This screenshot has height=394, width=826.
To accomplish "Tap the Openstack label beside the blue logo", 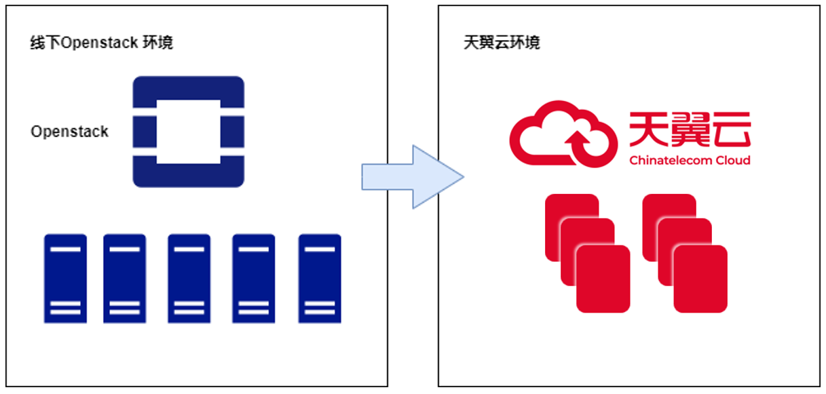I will (69, 132).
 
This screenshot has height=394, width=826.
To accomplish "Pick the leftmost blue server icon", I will (66, 279).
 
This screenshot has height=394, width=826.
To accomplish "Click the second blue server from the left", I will (124, 279).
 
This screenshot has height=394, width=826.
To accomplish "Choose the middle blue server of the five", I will (189, 279).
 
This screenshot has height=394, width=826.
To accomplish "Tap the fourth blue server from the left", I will (254, 279).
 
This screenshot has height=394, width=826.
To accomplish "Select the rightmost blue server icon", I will (320, 279).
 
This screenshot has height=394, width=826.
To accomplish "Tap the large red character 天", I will (649, 130).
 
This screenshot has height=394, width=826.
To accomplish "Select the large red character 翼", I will (690, 130).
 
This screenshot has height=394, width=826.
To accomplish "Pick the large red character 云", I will (730, 130).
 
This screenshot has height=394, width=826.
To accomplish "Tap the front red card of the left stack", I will (603, 279).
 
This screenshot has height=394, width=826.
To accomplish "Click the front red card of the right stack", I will (700, 279).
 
